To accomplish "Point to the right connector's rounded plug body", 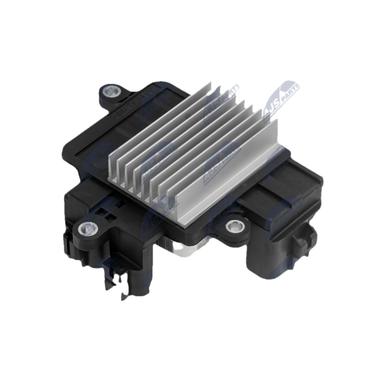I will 268,254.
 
